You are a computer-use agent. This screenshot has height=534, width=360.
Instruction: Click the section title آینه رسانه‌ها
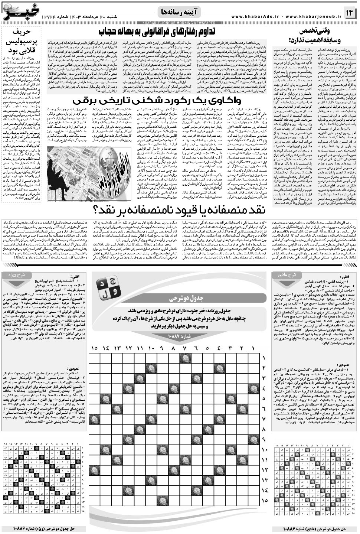[180, 12]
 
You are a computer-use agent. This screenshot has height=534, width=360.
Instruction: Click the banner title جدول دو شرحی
[179, 298]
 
